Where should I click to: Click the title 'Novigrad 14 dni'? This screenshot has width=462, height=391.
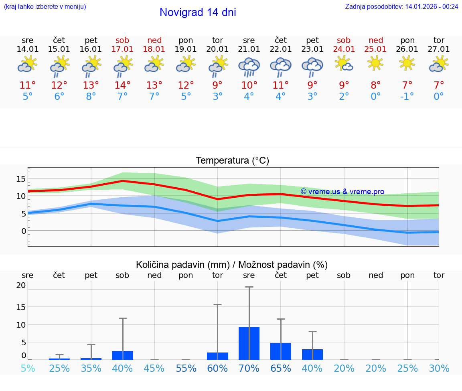point(198,12)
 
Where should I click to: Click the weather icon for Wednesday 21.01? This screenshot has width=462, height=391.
point(249,66)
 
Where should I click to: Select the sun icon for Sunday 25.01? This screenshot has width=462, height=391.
point(375,63)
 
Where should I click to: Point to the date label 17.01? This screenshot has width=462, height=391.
point(122,49)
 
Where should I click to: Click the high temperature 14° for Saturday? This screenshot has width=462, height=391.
point(122,85)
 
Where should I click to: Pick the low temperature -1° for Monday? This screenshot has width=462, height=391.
point(407,97)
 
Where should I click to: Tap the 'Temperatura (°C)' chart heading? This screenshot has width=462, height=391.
point(232,160)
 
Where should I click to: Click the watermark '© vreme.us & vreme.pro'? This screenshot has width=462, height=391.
point(342,192)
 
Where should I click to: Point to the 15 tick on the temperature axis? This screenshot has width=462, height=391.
point(21,178)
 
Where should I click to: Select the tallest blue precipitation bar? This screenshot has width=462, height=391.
point(249,343)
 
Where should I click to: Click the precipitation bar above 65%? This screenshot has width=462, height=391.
point(281,351)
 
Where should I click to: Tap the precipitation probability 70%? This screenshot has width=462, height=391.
point(249,368)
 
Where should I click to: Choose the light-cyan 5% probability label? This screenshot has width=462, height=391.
point(28,368)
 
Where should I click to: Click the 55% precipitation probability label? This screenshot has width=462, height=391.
point(186,368)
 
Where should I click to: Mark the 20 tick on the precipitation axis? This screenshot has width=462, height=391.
point(21,285)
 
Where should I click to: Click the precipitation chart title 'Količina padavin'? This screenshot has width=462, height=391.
point(182,265)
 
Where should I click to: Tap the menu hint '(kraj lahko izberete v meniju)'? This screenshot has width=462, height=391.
point(45,6)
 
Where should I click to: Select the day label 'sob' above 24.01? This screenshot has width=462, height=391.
point(344,40)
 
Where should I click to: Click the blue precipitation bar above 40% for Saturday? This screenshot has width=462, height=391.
point(122,355)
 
